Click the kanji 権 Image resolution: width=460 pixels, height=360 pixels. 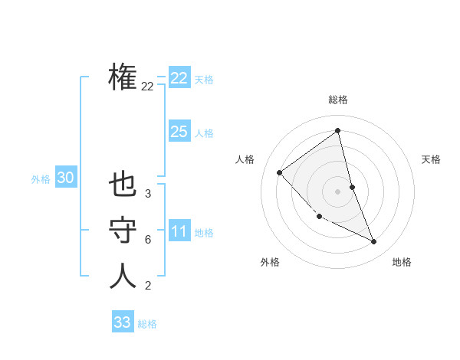123,77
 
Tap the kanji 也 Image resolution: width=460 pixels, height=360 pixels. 123,186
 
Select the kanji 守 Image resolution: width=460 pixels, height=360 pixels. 123,231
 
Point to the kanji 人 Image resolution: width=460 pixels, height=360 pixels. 123,277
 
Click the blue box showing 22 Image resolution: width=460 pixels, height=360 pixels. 179,78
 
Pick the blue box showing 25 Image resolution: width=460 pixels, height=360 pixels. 179,132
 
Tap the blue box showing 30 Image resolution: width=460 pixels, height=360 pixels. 65,178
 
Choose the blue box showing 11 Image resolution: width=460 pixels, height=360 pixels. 179,231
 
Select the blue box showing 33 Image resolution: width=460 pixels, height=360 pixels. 122,322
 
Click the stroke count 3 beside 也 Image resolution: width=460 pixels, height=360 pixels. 147,195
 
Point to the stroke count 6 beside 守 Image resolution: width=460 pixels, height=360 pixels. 147,240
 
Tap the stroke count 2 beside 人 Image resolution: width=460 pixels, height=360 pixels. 147,286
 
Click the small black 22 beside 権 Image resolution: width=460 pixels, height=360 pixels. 147,87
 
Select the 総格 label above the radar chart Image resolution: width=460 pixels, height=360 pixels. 337,100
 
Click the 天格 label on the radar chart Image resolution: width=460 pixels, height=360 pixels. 431,159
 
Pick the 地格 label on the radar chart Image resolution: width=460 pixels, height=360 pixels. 402,262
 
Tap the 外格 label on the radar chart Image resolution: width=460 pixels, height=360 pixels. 270,262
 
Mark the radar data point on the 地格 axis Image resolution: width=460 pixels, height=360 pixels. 374,242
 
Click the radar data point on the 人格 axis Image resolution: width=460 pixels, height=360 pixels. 280,172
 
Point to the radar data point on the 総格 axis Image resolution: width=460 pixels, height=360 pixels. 337,131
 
